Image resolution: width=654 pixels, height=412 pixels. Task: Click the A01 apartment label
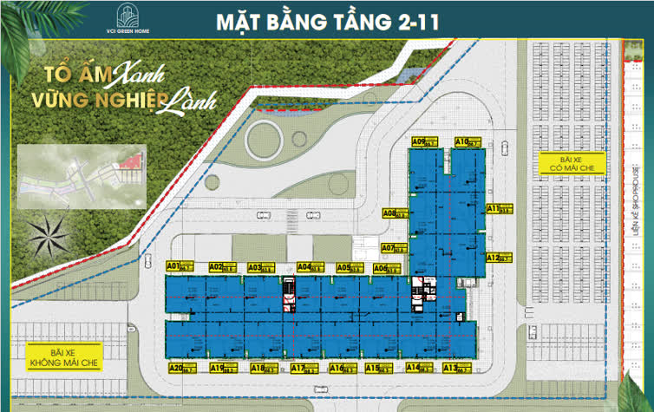pos(173,266)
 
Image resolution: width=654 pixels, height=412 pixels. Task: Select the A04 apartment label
pos(305,267)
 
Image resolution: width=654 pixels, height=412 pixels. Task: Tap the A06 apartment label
pos(380,268)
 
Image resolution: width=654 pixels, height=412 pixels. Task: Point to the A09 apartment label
pos(418,141)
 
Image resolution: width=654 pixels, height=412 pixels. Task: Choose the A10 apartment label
pos(462,141)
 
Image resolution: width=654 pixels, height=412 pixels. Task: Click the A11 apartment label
pos(493,208)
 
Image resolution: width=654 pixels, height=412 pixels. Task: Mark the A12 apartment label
pos(493,258)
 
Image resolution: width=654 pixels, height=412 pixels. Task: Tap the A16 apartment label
pos(337,368)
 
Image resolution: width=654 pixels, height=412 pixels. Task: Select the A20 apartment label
pos(177,368)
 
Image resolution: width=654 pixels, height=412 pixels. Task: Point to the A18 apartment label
pos(258,368)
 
